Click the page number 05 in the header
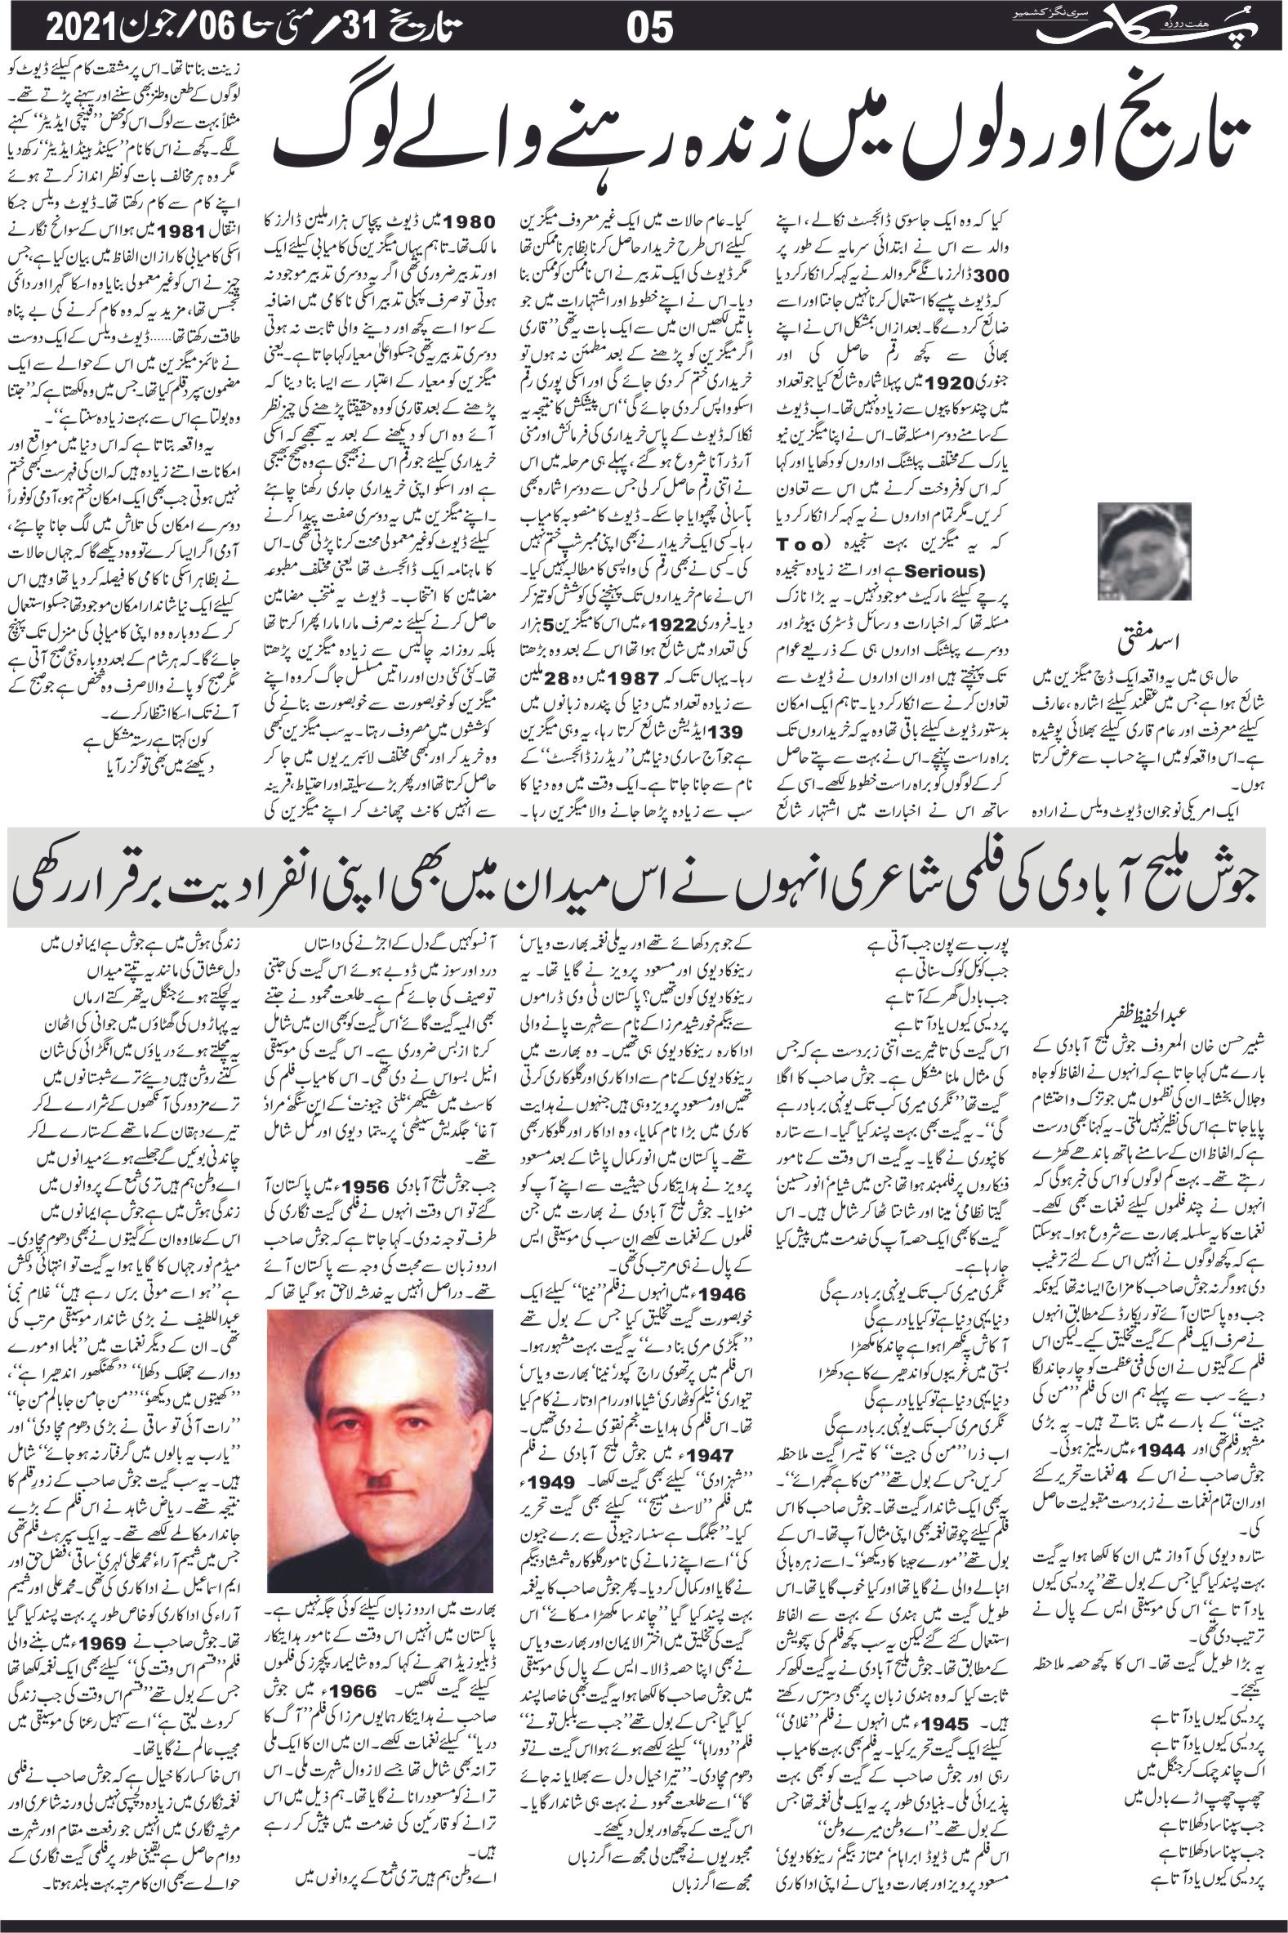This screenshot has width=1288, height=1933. coord(650,30)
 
